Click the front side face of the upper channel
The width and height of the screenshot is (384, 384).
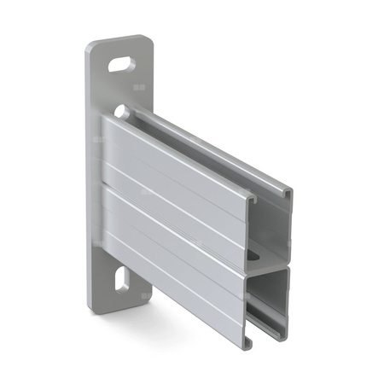[171, 171]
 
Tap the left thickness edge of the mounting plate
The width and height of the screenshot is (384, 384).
[88, 171]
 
